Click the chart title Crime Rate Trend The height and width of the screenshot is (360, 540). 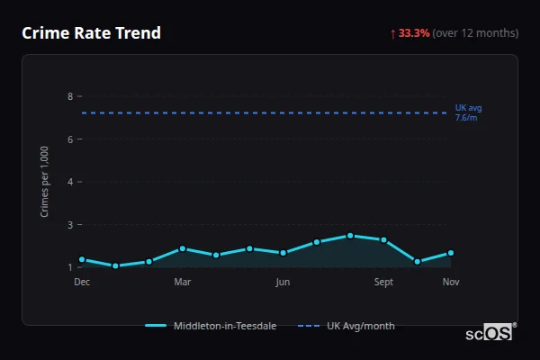tap(91, 33)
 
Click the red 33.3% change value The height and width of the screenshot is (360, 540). tap(414, 33)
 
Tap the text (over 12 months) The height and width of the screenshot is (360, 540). tap(475, 33)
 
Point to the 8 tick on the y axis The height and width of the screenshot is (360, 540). tap(69, 96)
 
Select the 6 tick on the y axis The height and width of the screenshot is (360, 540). tap(69, 139)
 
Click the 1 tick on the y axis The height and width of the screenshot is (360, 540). tap(69, 267)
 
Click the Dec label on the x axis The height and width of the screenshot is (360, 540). tap(82, 282)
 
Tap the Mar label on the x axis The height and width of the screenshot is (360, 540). tap(183, 282)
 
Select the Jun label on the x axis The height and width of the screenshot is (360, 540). tap(283, 282)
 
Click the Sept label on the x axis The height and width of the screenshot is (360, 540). tap(383, 282)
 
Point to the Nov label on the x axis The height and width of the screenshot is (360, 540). tap(451, 282)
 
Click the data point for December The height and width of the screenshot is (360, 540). tap(82, 259)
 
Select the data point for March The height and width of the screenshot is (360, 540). tap(183, 248)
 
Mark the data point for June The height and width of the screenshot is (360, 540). tap(283, 253)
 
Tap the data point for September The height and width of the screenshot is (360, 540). tap(383, 239)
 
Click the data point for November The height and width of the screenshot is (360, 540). tap(451, 253)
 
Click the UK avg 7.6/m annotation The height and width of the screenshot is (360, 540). tap(467, 112)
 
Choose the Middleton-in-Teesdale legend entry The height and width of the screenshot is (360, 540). tap(212, 326)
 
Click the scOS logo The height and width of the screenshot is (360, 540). tap(490, 332)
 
